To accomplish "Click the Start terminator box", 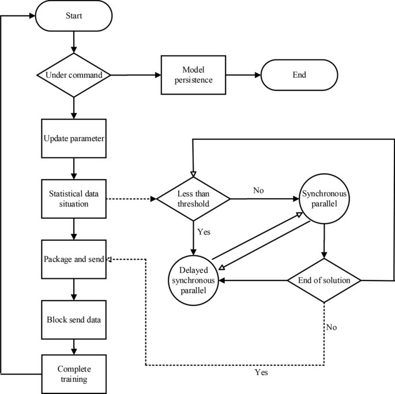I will tap(74, 16).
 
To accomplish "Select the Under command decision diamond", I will tap(74, 75).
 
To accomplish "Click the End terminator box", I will tap(299, 75).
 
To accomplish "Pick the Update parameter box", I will tap(74, 139).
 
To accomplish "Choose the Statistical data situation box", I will tap(74, 199).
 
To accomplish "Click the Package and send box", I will tap(74, 259).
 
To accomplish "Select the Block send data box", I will tap(74, 319).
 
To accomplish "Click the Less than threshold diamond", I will tap(193, 199).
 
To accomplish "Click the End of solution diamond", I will tap(325, 281).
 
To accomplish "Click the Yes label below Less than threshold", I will tap(204, 232).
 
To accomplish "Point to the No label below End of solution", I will tap(332, 327).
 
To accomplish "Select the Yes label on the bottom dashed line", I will tap(261, 373).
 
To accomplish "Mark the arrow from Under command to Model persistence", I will tap(134, 75).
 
